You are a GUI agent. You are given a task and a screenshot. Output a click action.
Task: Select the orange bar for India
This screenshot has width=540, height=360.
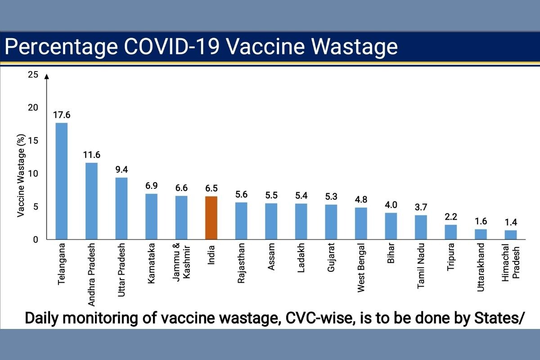pyautogui.click(x=211, y=218)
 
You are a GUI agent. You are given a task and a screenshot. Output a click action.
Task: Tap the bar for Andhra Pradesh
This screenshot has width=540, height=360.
pyautogui.click(x=91, y=201)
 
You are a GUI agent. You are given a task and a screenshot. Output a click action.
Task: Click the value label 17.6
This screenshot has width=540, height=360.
pyautogui.click(x=61, y=115)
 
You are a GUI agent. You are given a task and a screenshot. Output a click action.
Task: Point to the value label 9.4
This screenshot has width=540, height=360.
pyautogui.click(x=121, y=170)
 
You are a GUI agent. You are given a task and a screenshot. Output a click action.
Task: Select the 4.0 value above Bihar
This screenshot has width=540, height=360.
pyautogui.click(x=391, y=205)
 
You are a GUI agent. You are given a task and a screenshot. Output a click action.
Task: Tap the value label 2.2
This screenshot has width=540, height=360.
pyautogui.click(x=450, y=217)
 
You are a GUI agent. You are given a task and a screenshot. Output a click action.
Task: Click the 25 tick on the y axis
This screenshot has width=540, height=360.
pyautogui.click(x=33, y=75)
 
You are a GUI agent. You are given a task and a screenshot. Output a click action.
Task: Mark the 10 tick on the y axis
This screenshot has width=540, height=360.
pyautogui.click(x=33, y=174)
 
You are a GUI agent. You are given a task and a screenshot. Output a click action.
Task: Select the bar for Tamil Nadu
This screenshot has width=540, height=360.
pyautogui.click(x=421, y=227)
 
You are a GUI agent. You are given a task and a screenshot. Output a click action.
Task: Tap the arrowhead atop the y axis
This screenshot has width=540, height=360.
pyautogui.click(x=46, y=77)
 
